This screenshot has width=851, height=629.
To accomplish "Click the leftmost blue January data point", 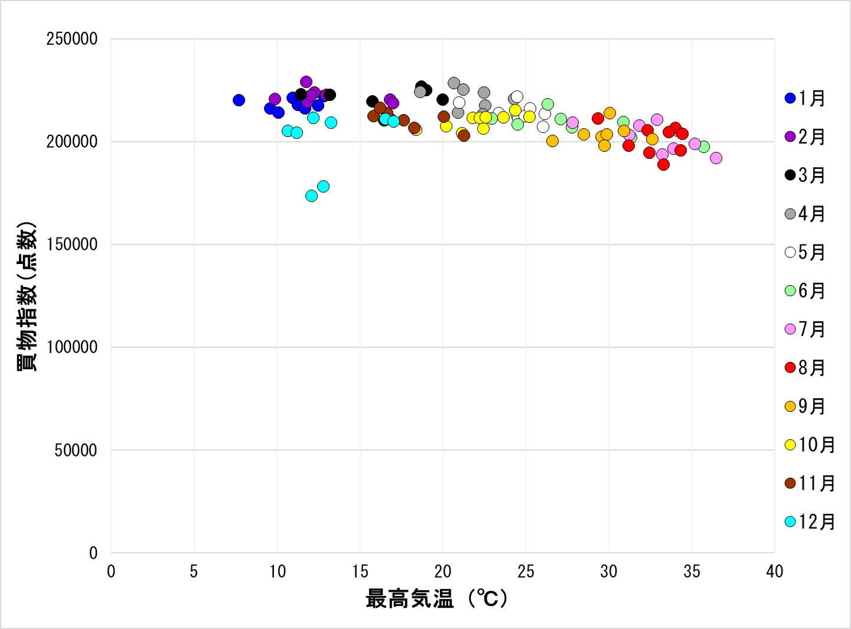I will click(x=239, y=100).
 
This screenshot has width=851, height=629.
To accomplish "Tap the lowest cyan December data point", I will click(x=311, y=195).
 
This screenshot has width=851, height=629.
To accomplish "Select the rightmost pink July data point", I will click(x=716, y=158).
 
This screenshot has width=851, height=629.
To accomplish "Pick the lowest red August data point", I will click(x=663, y=164).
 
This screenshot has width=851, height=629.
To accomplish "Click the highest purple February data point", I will click(x=306, y=82).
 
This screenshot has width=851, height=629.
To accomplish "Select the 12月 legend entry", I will click(x=810, y=522).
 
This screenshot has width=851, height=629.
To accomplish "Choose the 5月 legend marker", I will click(x=790, y=253).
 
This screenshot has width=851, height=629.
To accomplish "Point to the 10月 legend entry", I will click(x=810, y=445).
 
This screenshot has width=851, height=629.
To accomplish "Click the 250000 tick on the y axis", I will click(x=72, y=40).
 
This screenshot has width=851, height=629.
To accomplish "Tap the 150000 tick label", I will click(x=72, y=245).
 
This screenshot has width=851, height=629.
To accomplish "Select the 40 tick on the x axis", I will click(x=774, y=572).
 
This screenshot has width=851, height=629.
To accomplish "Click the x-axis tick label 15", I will click(x=360, y=572).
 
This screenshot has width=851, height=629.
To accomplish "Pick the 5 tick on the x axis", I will click(x=194, y=572).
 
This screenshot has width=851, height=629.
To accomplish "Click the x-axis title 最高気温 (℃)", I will click(x=436, y=599).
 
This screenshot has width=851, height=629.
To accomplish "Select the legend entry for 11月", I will click(x=810, y=484).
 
